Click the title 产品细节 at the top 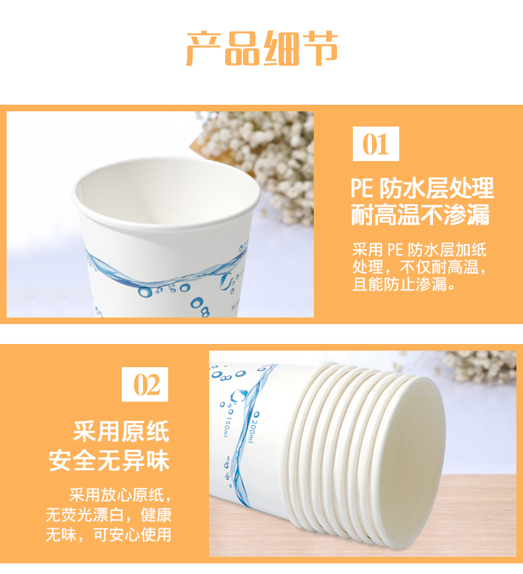coord(262,48)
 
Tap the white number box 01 coord(375,144)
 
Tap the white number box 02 coord(145,384)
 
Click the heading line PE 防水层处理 coord(422,188)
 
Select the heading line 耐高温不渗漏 coord(420,215)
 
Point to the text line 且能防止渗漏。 coord(404,284)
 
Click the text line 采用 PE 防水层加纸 coord(419,250)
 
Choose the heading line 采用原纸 coord(121,431)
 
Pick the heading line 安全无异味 coord(109,460)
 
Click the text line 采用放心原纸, coord(120,495)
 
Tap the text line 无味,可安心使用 coord(109,534)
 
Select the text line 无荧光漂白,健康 coord(109,515)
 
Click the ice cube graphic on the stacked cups coord(238,395)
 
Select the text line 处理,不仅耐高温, coord(419,267)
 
